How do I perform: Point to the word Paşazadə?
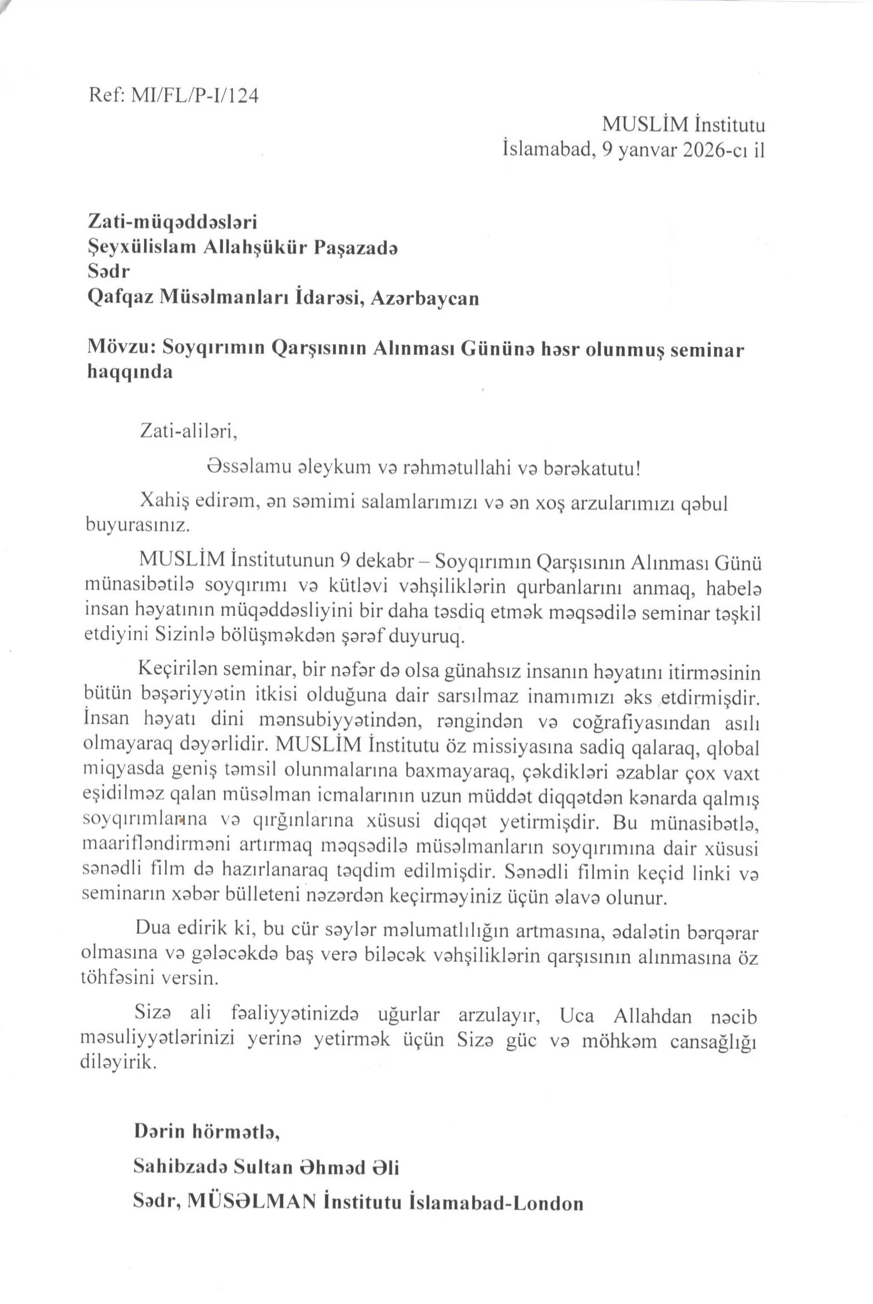[356, 247]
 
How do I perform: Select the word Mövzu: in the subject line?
[120, 349]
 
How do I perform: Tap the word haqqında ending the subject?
[130, 372]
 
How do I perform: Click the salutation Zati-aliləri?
[189, 431]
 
